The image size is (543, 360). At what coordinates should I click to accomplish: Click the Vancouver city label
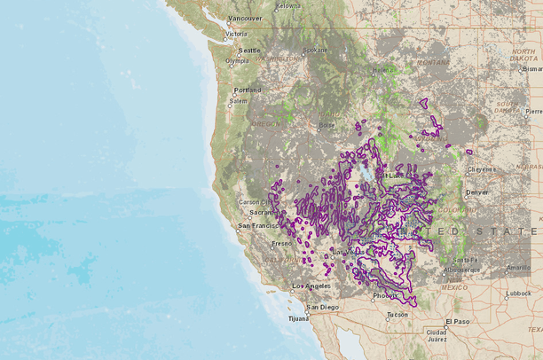pyautogui.click(x=245, y=18)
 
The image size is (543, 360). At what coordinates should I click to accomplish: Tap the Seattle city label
pyautogui.click(x=248, y=50)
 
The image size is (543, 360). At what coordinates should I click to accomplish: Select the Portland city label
pyautogui.click(x=247, y=90)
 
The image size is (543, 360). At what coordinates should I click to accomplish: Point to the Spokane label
pyautogui.click(x=314, y=50)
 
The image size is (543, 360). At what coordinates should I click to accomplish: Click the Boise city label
pyautogui.click(x=327, y=125)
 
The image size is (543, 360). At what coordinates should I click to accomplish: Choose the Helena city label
pyautogui.click(x=383, y=69)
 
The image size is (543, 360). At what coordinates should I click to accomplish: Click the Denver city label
pyautogui.click(x=476, y=192)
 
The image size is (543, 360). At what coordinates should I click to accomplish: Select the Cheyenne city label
pyautogui.click(x=482, y=168)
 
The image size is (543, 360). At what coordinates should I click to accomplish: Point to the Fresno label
pyautogui.click(x=282, y=242)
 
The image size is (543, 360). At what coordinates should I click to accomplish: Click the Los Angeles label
pyautogui.click(x=311, y=286)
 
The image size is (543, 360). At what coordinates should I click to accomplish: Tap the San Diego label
pyautogui.click(x=322, y=307)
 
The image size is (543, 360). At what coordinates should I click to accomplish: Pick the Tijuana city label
pyautogui.click(x=297, y=317)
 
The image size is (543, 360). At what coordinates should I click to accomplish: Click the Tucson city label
pyautogui.click(x=397, y=314)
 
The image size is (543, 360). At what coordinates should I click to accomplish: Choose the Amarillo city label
pyautogui.click(x=518, y=267)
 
